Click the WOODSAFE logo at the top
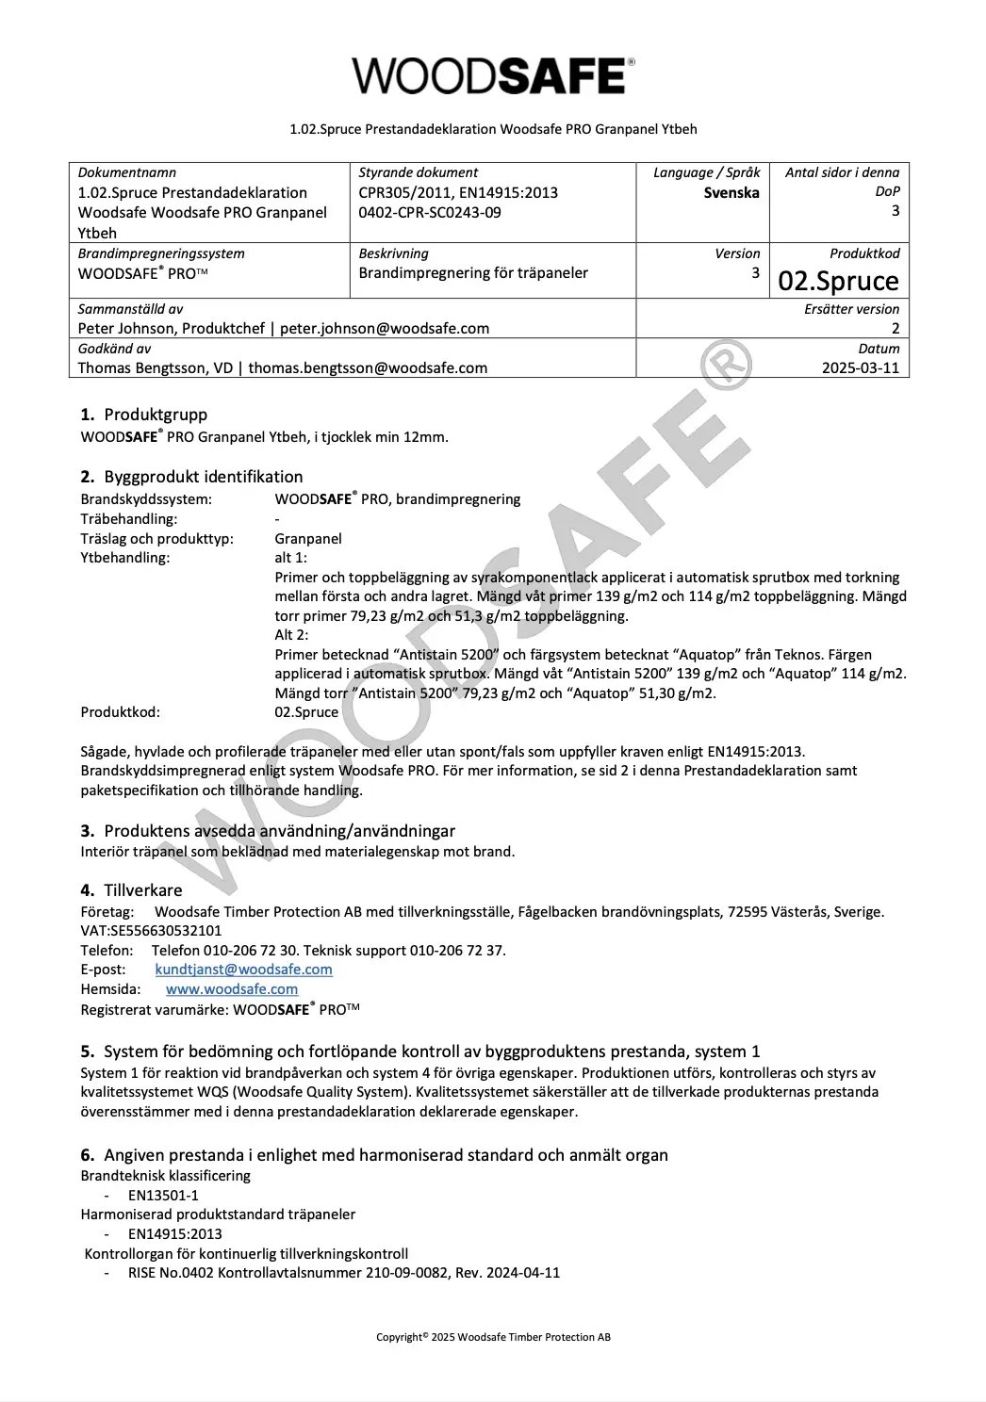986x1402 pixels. [493, 75]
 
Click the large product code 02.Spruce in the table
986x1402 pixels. [838, 281]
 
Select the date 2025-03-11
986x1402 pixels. [861, 367]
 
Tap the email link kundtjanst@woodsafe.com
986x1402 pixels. [243, 970]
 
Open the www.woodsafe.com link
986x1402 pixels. [232, 989]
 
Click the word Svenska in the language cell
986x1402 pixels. [731, 192]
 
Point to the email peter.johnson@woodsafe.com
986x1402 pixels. [385, 329]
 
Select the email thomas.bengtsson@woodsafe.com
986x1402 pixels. [368, 368]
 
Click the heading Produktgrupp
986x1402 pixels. [156, 415]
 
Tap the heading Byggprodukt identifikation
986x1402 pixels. [204, 477]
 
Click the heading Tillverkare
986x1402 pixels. [143, 890]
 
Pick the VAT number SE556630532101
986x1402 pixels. [168, 931]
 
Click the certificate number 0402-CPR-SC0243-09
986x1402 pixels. [430, 212]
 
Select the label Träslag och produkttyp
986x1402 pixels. [156, 539]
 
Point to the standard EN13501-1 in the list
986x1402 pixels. [163, 1196]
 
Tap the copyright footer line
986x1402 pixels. [493, 1337]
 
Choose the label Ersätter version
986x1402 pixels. [851, 309]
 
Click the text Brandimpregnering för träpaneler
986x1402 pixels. [473, 273]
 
